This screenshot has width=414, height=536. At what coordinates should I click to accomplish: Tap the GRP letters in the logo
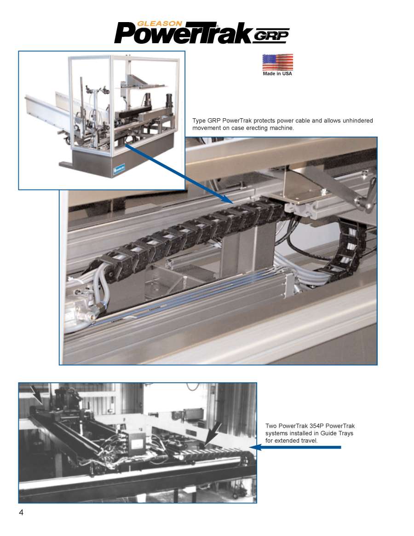tap(271, 35)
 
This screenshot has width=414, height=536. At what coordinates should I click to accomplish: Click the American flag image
tap(277, 62)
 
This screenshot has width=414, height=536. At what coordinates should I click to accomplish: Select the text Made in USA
tap(277, 74)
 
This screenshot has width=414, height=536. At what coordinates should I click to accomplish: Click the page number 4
tap(21, 512)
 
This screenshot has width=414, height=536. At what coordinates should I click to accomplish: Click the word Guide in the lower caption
tap(328, 433)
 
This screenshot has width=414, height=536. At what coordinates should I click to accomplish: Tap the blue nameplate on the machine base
tap(119, 168)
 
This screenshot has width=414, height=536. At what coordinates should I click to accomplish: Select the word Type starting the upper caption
tap(199, 121)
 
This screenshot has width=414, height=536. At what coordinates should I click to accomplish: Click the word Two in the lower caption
tap(271, 426)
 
